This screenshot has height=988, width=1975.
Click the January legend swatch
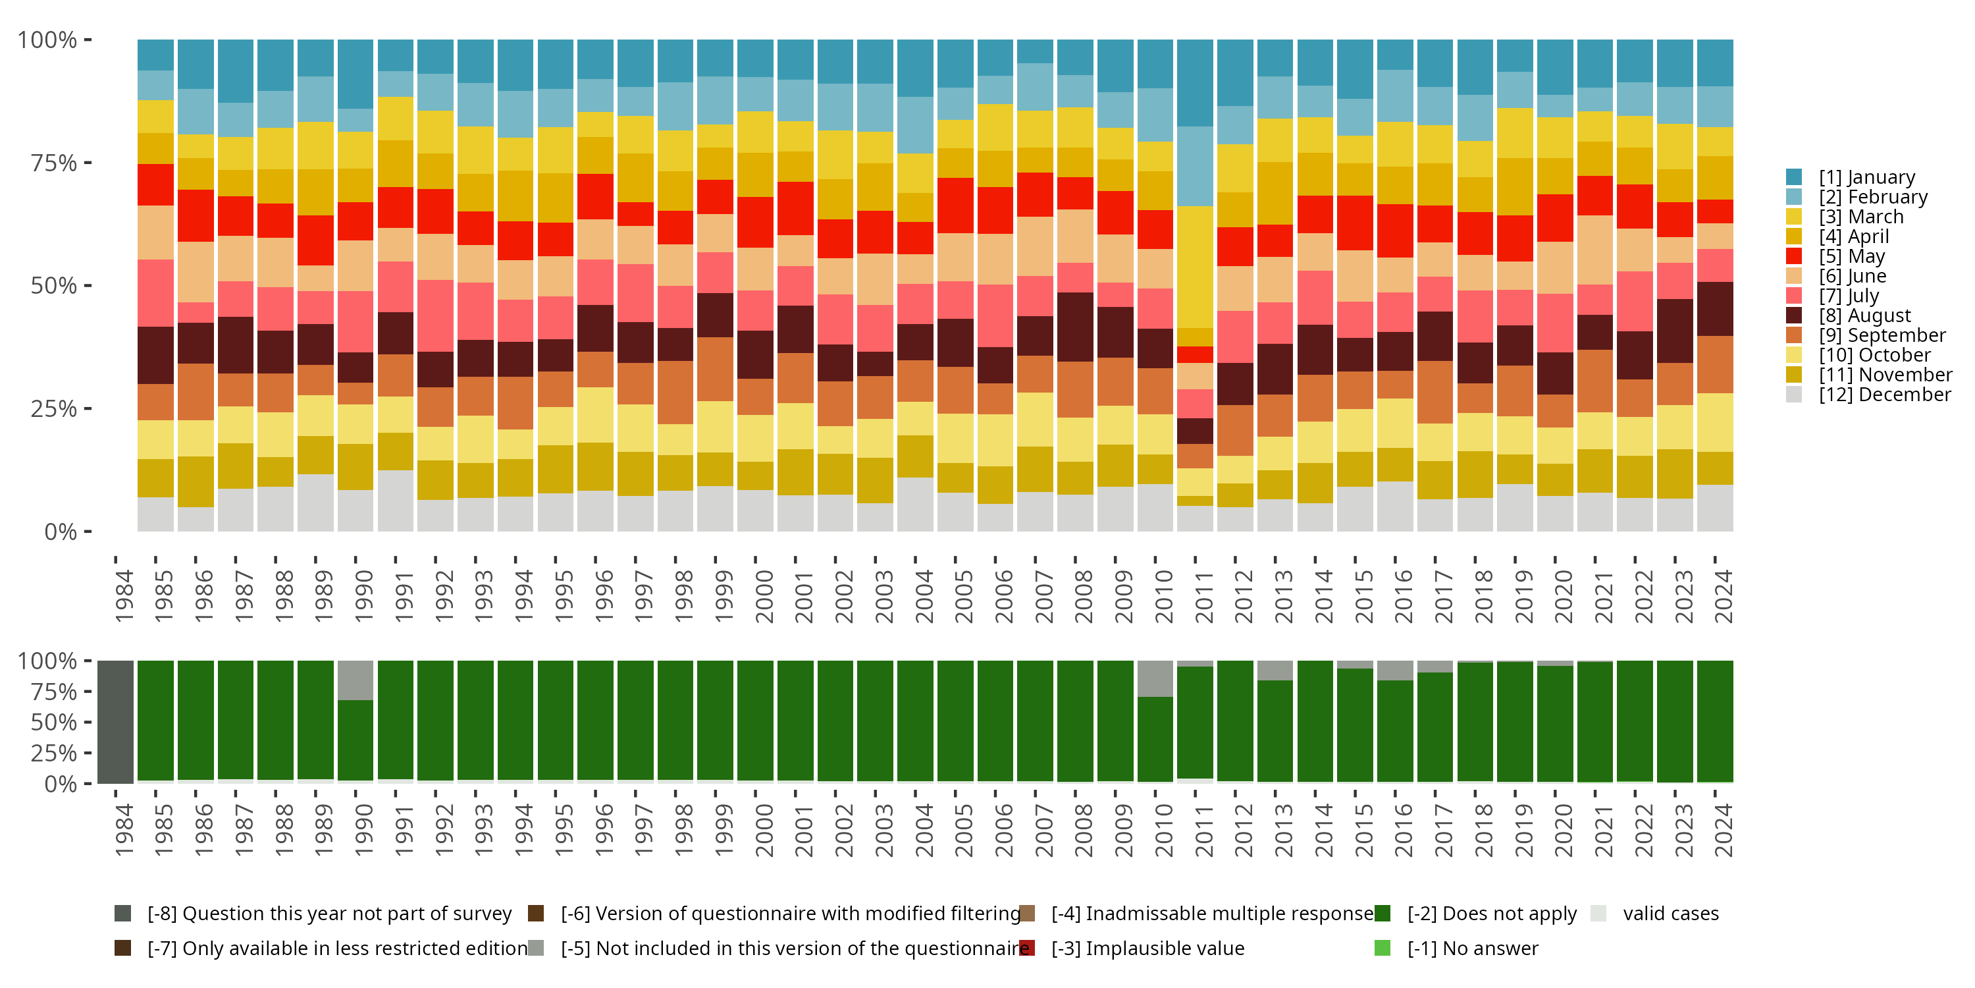1793,177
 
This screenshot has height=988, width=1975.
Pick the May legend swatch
1793,256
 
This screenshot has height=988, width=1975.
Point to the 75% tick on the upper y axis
88,163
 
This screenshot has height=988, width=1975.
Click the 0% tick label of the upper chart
61,532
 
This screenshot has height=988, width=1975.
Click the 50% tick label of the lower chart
54,722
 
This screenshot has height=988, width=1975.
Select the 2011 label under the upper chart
1203,597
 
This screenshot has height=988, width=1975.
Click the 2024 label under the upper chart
1723,597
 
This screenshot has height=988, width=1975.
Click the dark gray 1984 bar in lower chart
116,722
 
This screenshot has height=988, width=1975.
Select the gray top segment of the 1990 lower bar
355,680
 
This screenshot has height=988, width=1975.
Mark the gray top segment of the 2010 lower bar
1155,679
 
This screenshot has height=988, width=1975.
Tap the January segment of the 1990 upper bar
355,74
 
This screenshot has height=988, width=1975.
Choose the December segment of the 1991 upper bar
396,500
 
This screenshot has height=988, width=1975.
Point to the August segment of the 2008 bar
1075,327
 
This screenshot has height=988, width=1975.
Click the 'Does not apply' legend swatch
1382,914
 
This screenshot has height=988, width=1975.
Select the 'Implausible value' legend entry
1147,948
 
